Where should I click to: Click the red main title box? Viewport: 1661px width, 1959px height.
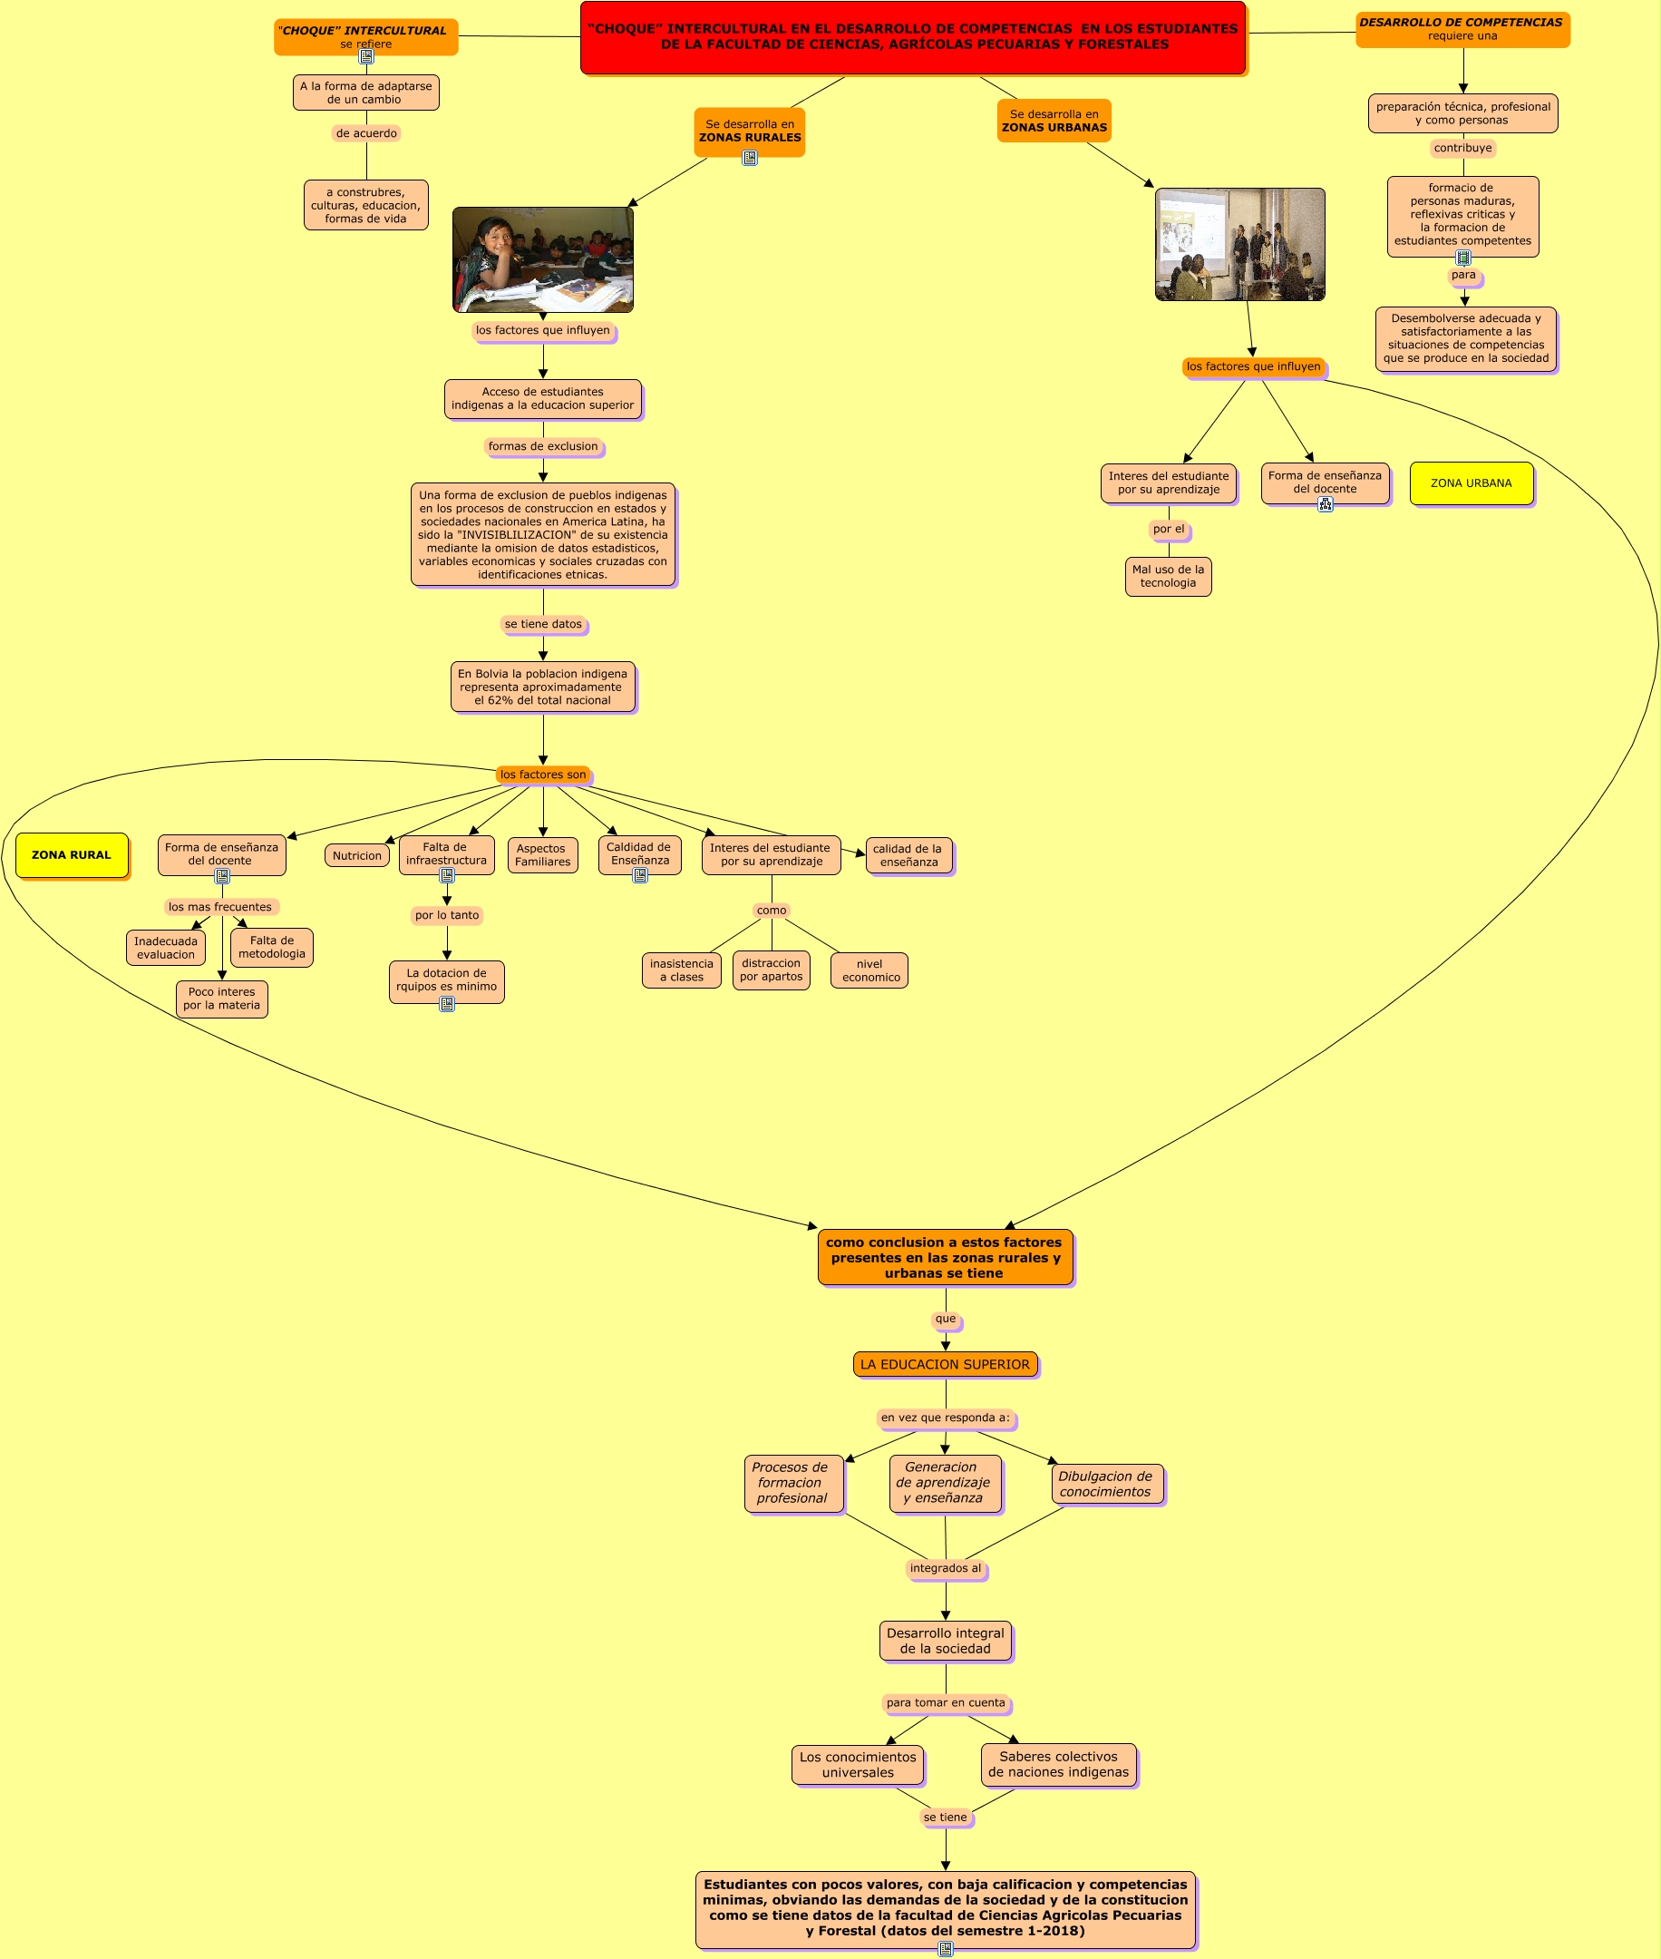[912, 38]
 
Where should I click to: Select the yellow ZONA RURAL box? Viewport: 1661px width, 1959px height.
[72, 855]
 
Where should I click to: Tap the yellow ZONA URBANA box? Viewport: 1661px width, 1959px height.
[1471, 483]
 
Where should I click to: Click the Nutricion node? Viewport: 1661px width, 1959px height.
[357, 855]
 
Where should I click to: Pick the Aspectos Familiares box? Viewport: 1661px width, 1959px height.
[542, 855]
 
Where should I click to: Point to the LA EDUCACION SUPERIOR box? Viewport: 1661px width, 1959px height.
[945, 1364]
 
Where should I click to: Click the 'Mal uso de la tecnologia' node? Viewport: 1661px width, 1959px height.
[1168, 577]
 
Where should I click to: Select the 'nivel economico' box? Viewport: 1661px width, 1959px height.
[869, 970]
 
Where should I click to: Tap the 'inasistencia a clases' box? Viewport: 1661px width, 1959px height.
[682, 970]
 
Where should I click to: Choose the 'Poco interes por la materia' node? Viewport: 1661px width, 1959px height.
[221, 999]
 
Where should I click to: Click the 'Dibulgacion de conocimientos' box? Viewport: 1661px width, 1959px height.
[1106, 1484]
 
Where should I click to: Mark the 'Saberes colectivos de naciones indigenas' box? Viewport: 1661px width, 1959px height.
[1058, 1764]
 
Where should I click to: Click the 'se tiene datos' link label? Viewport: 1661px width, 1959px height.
[543, 623]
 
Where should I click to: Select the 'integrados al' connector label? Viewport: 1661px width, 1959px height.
[946, 1568]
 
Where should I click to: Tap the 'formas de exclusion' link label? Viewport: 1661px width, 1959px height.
[543, 446]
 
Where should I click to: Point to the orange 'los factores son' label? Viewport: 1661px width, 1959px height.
[543, 775]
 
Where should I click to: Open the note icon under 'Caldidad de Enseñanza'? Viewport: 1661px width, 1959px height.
[640, 876]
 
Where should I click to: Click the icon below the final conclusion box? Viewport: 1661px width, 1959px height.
[946, 1949]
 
